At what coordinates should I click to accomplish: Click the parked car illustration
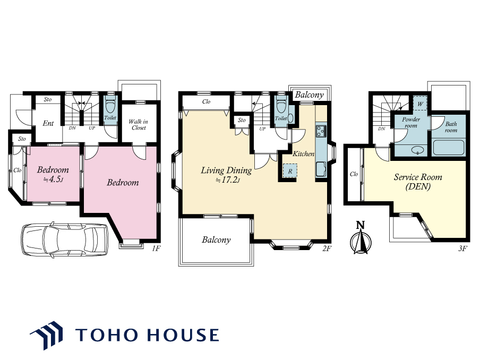(x=64, y=239)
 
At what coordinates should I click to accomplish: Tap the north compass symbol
(x=361, y=238)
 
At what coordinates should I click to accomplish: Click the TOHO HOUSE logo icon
(x=47, y=335)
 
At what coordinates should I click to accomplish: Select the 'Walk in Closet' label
(x=139, y=125)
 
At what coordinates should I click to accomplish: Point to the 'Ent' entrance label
(x=48, y=123)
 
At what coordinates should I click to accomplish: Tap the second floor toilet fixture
(x=281, y=106)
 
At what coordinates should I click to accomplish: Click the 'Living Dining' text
(x=226, y=170)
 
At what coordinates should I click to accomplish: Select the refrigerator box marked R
(x=289, y=171)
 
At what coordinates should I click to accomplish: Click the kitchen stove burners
(x=321, y=131)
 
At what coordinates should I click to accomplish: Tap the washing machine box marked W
(x=420, y=104)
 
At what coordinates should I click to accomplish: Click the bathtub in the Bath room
(x=449, y=148)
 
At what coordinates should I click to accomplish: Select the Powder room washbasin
(x=418, y=150)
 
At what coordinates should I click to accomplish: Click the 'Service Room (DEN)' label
(x=418, y=182)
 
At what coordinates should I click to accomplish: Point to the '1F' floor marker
(x=156, y=248)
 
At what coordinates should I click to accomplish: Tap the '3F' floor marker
(x=462, y=248)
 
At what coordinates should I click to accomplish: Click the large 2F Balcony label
(x=216, y=239)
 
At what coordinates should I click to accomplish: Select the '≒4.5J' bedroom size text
(x=53, y=179)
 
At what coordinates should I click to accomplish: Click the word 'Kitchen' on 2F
(x=303, y=153)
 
